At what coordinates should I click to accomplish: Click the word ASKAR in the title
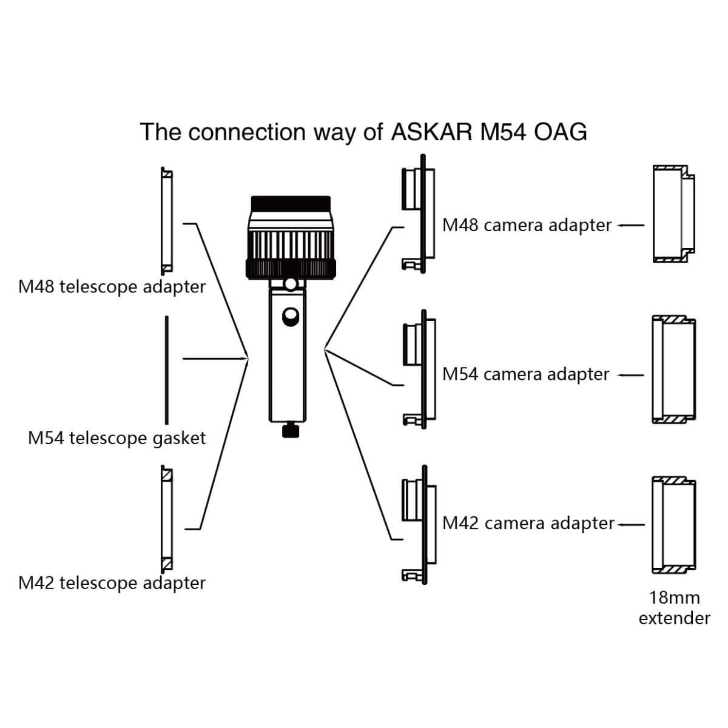click(x=431, y=132)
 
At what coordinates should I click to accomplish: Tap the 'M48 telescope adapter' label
click(x=112, y=286)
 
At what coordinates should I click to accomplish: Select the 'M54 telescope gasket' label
click(x=117, y=437)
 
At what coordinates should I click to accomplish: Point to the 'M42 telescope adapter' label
click(x=112, y=583)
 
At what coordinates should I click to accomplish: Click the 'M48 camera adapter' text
click(x=527, y=225)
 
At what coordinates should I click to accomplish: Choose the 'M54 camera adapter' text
click(x=525, y=374)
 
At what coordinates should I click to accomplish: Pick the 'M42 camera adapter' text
click(x=528, y=523)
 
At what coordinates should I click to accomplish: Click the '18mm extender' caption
click(x=674, y=608)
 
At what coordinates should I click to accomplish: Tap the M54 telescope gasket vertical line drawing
click(x=166, y=370)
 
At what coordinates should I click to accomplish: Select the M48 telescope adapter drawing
click(x=166, y=221)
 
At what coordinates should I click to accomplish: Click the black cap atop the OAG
click(x=291, y=203)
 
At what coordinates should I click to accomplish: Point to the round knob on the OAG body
click(x=291, y=316)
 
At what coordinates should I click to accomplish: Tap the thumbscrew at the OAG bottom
click(x=291, y=431)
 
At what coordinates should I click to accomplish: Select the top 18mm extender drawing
click(x=673, y=214)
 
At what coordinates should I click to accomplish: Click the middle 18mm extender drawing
click(x=673, y=368)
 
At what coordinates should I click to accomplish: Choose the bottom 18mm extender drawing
click(x=673, y=525)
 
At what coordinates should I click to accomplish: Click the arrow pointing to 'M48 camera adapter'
click(x=630, y=226)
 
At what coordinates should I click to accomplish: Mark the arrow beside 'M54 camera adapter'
click(x=630, y=375)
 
